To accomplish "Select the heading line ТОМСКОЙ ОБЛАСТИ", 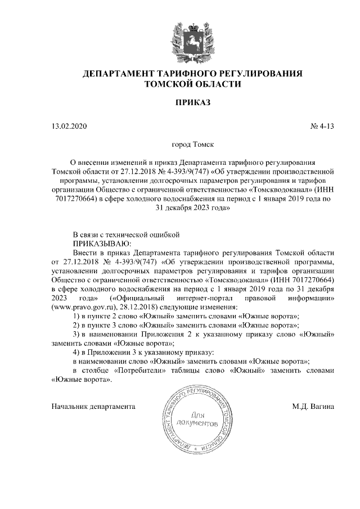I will pyautogui.click(x=192, y=85).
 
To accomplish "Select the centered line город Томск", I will pyautogui.click(x=192, y=144).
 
